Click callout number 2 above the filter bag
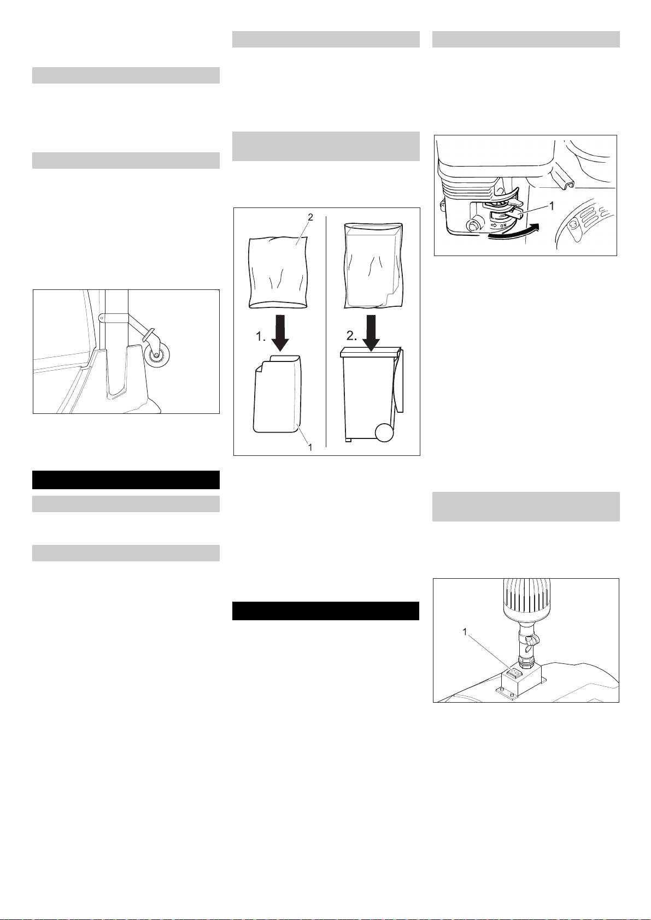pos(310,217)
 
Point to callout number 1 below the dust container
pos(310,447)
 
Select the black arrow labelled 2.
pos(371,333)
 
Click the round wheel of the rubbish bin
pos(384,432)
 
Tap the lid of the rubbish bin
pos(370,351)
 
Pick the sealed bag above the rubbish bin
pos(373,265)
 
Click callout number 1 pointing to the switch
pos(465,632)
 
